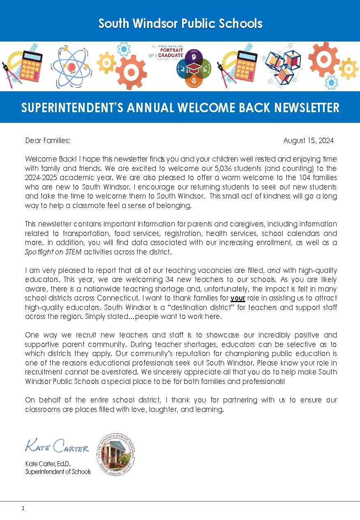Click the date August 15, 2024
[x=308, y=141]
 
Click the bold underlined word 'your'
[x=238, y=298]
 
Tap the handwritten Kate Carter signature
[x=57, y=446]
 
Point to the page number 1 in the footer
[x=23, y=508]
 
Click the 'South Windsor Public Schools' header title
[x=180, y=23]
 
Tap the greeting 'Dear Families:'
[x=48, y=141]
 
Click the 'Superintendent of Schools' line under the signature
[x=58, y=471]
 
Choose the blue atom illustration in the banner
[x=70, y=66]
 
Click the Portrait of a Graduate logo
[x=181, y=66]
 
